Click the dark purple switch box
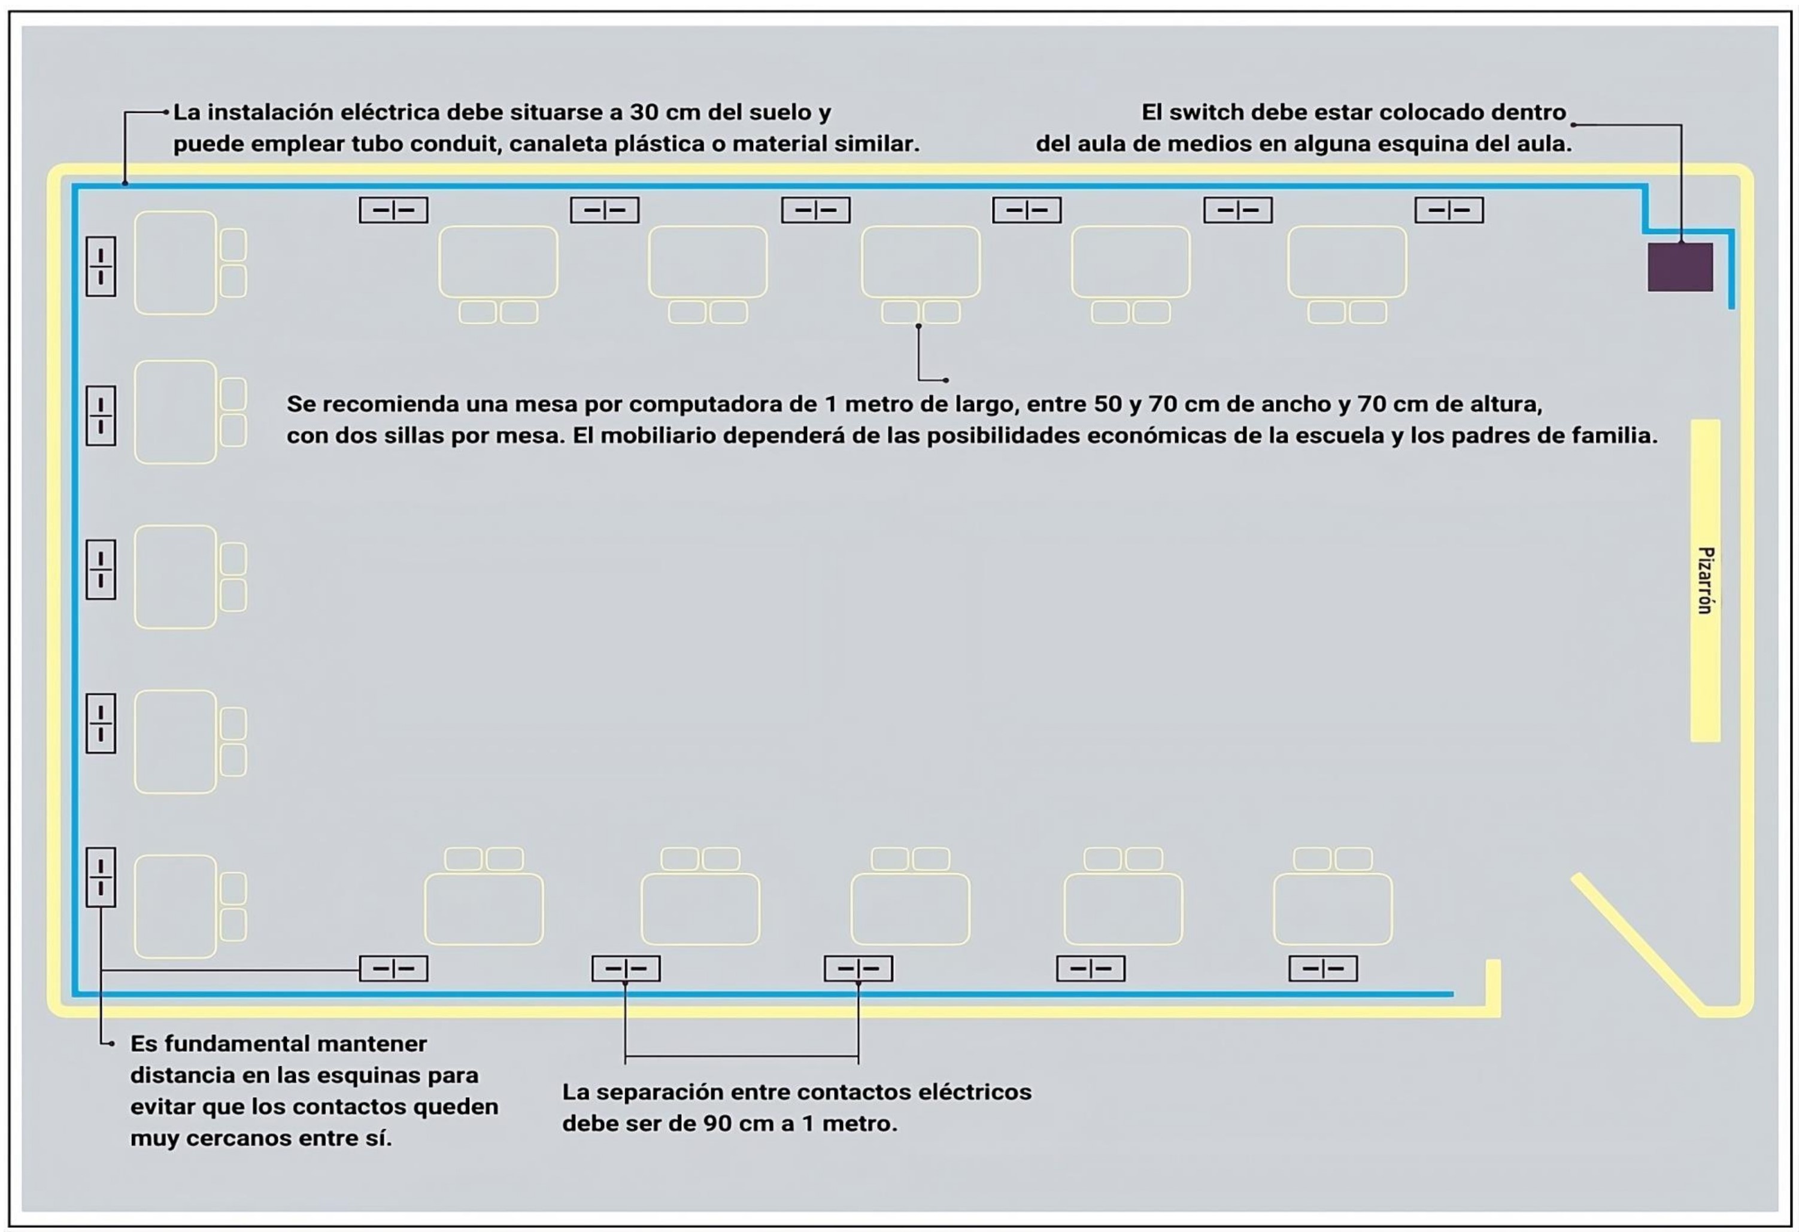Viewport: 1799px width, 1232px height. pos(1679,267)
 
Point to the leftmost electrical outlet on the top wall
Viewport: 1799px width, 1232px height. pos(393,209)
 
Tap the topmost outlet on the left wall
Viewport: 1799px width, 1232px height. pos(101,266)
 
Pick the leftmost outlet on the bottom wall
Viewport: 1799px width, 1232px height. pos(393,968)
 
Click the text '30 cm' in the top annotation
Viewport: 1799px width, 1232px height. pos(664,112)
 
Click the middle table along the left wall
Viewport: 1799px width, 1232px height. pos(176,577)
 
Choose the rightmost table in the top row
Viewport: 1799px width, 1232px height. pos(1346,261)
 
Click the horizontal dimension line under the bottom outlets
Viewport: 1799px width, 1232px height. pos(742,1055)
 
